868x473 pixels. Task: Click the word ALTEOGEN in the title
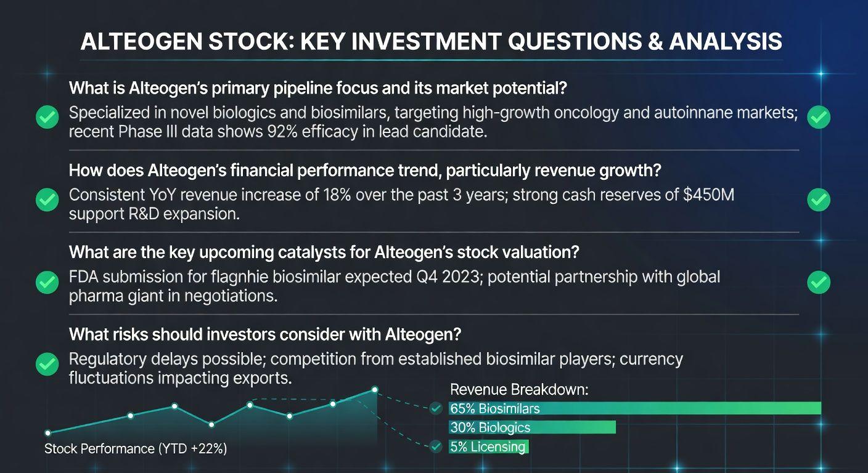141,42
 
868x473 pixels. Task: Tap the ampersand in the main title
655,42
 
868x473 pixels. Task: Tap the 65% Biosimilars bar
635,408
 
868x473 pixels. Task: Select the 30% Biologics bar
532,427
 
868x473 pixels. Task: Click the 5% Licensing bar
489,447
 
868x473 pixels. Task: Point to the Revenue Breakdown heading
519,389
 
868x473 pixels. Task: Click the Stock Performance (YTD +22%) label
136,448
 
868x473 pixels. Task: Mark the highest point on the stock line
374,389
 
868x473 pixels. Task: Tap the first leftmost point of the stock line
47,433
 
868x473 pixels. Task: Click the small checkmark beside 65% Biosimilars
436,408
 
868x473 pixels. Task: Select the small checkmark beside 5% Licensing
436,447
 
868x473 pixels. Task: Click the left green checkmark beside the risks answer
47,364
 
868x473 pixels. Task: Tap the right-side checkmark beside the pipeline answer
819,117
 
